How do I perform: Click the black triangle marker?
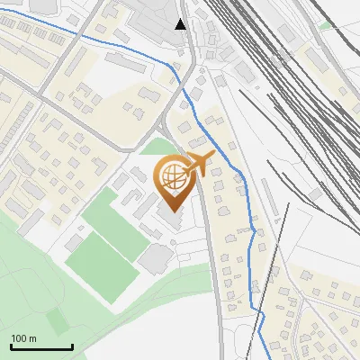click(x=181, y=24)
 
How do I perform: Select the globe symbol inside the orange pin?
click(x=172, y=177)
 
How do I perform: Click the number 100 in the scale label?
click(x=19, y=338)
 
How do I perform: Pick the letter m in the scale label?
click(x=32, y=338)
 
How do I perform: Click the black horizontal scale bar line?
click(x=40, y=346)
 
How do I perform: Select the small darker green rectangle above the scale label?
click(x=59, y=320)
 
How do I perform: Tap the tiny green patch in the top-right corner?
click(x=324, y=25)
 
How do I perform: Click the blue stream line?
click(x=108, y=42)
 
